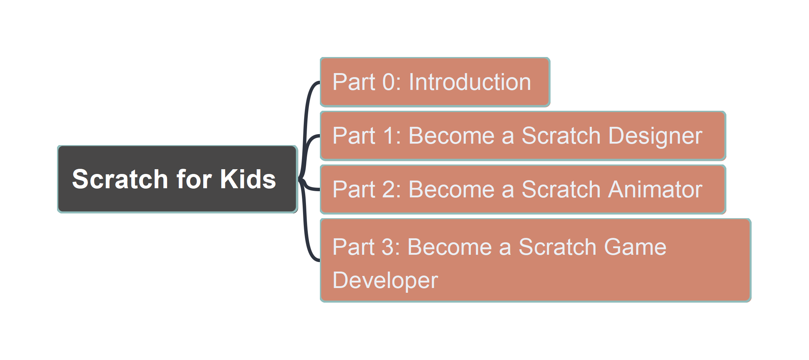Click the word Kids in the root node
point(248,179)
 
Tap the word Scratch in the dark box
point(120,179)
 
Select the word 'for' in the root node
point(194,179)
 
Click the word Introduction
point(470,82)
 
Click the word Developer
point(385,280)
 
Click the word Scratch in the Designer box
point(561,136)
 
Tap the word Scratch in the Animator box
point(561,189)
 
